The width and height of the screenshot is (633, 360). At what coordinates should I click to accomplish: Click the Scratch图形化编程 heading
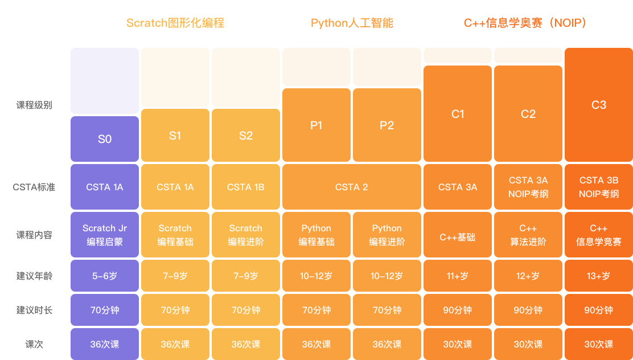pos(175,23)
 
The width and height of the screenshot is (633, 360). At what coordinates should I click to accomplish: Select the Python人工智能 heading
pos(352,23)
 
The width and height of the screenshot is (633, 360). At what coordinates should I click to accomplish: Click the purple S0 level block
pos(105,139)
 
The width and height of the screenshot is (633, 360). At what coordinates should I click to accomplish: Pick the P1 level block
pos(316,125)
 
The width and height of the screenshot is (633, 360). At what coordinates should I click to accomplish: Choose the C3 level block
pos(599,105)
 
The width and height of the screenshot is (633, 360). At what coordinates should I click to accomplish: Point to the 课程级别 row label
pos(34,105)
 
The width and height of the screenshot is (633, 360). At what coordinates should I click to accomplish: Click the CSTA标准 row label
pos(34,187)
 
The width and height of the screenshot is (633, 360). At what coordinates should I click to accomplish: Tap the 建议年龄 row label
pos(34,276)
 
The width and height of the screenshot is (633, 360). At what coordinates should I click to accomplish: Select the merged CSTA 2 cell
pos(352,187)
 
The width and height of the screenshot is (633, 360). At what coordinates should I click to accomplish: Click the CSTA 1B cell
pos(246,187)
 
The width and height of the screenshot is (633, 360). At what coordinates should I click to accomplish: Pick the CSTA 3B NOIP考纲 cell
pos(599,187)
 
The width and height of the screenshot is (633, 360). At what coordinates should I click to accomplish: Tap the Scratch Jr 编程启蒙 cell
pos(105,235)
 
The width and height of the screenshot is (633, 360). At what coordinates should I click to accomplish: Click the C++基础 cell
pos(458,235)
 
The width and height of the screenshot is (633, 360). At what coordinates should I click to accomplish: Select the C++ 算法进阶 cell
pos(528,235)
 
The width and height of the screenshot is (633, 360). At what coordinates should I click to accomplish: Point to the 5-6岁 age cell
pos(105,276)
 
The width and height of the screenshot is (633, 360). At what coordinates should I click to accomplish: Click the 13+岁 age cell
pos(599,276)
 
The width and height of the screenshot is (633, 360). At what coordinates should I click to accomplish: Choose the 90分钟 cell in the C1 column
pos(458,310)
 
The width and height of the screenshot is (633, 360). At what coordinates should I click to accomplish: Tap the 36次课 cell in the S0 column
pos(105,344)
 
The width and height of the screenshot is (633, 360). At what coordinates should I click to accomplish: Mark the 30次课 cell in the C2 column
pos(528,344)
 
